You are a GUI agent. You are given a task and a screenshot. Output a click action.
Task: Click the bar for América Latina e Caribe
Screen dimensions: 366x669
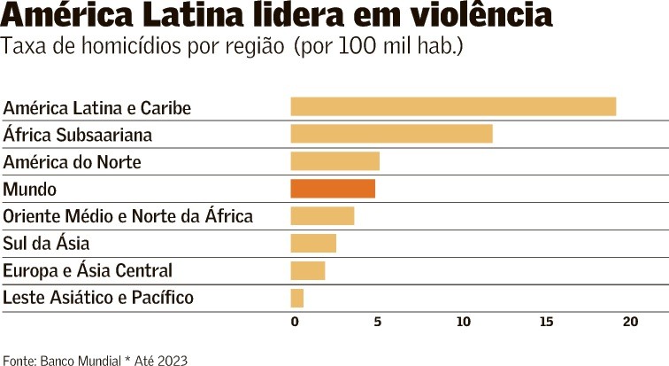pyautogui.click(x=453, y=106)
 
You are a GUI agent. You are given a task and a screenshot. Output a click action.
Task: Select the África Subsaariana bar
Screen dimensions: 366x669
pyautogui.click(x=391, y=134)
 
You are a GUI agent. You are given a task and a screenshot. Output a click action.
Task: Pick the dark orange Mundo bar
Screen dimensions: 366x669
pyautogui.click(x=333, y=189)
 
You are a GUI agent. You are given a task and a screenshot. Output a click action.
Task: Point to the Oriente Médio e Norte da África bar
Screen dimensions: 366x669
pyautogui.click(x=322, y=216)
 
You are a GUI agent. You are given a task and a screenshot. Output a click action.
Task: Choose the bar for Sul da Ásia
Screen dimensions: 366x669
pyautogui.click(x=313, y=243)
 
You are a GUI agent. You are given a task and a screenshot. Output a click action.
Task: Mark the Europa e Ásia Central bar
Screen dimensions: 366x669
pyautogui.click(x=308, y=270)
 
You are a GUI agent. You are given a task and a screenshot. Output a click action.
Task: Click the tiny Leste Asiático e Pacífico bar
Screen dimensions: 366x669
pyautogui.click(x=297, y=298)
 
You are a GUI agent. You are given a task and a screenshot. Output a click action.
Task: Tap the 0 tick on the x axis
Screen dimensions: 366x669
pyautogui.click(x=295, y=322)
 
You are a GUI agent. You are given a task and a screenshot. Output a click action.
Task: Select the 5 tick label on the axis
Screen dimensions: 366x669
pyautogui.click(x=378, y=322)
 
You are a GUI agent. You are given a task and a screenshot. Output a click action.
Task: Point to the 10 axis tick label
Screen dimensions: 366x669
pyautogui.click(x=464, y=322)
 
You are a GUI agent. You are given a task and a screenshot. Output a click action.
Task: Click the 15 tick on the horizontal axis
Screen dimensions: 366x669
pyautogui.click(x=546, y=322)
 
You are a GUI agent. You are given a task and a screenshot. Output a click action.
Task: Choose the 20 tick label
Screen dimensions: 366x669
pyautogui.click(x=630, y=322)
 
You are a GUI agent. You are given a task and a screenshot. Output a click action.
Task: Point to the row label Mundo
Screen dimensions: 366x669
pyautogui.click(x=29, y=189)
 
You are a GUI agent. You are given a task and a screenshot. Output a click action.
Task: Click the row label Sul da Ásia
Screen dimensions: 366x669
pyautogui.click(x=46, y=243)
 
